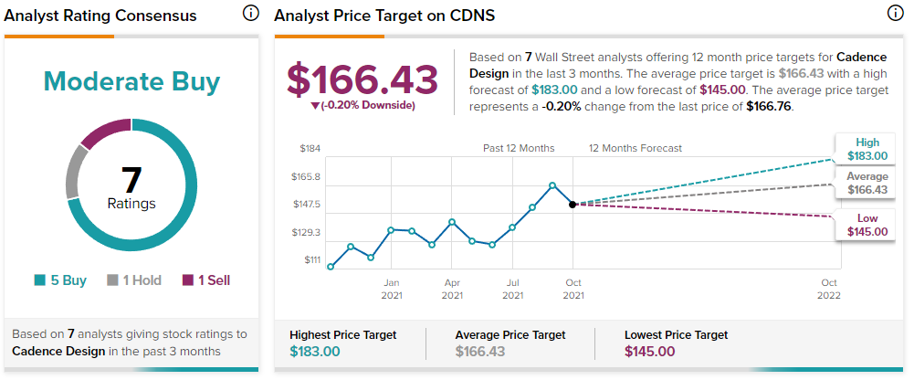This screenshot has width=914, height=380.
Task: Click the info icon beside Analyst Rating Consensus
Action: point(251,14)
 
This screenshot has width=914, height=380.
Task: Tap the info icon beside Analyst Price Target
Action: point(896,14)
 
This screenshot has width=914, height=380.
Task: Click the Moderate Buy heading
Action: point(131,82)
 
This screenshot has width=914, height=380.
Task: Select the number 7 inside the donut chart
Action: point(131,180)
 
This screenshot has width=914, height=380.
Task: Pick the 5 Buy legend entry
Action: point(60,280)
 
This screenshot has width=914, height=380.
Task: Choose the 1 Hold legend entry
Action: point(134,280)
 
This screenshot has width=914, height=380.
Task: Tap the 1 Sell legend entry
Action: point(206,280)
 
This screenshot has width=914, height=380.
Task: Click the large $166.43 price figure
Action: point(362,79)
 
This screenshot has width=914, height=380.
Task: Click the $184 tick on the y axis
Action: point(310,149)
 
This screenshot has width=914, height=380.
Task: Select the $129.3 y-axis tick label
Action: point(306,233)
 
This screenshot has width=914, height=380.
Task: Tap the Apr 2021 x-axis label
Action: point(452,289)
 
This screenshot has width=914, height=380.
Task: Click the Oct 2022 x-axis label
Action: point(829,289)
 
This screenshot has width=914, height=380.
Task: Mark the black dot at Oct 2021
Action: point(573,204)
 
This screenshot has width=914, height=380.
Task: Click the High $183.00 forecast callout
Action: point(867,149)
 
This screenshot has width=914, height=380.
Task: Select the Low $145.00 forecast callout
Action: point(867,225)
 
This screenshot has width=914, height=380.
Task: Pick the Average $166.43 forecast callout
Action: point(867,184)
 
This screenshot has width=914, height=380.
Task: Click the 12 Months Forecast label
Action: point(636,149)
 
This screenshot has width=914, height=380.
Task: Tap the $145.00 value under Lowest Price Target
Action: point(650,352)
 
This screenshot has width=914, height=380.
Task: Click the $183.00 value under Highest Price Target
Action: point(315,352)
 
